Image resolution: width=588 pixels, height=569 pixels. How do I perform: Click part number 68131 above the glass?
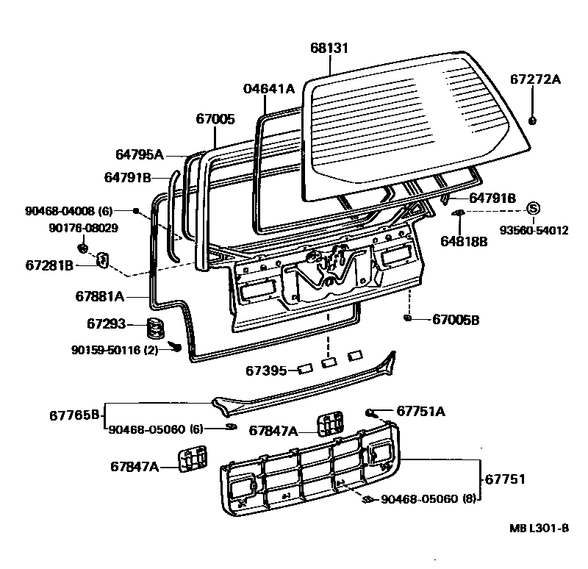click(329, 49)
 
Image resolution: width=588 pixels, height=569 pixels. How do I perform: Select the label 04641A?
click(268, 89)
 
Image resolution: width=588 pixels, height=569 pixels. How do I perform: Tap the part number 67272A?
click(534, 80)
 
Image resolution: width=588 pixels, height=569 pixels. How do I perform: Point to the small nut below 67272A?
click(533, 120)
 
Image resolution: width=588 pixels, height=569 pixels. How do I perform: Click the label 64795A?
click(140, 154)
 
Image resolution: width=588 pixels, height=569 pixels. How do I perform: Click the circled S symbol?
click(534, 207)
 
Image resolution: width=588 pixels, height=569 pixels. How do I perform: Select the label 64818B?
click(464, 241)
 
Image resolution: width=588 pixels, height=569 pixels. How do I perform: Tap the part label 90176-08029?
click(83, 228)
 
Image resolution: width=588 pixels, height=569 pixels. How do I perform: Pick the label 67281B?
click(49, 265)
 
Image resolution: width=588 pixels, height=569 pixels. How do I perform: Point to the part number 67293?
click(107, 324)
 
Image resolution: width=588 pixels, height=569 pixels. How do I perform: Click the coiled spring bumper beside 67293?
click(153, 327)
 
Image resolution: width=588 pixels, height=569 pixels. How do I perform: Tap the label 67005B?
click(455, 320)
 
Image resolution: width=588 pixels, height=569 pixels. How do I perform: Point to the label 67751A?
click(420, 411)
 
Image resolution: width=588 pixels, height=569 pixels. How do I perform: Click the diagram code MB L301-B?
click(539, 529)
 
